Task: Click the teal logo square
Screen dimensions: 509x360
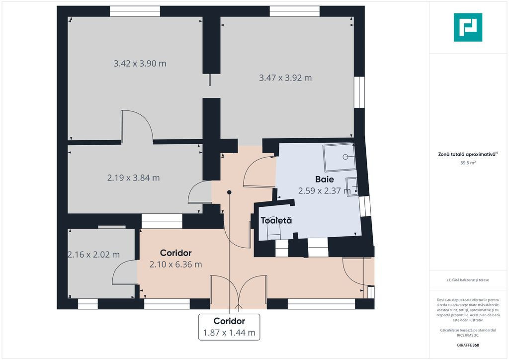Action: coord(468,27)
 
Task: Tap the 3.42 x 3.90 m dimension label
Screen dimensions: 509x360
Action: coord(140,63)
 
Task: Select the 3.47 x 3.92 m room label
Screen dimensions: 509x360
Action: coord(285,78)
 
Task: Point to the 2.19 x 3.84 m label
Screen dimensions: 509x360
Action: coord(133,178)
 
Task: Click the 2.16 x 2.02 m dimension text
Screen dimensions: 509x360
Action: coord(93,255)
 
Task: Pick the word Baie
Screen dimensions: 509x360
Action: coord(325,179)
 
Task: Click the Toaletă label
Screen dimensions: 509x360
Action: coord(276,220)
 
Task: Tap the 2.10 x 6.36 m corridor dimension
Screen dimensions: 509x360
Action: coord(175,265)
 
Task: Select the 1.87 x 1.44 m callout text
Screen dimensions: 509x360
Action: coord(229,333)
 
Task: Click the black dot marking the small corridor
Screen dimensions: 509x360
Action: coord(229,192)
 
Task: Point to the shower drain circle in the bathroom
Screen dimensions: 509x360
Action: coord(345,157)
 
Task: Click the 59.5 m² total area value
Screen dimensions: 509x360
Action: coord(468,163)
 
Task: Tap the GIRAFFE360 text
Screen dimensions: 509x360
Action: coord(468,345)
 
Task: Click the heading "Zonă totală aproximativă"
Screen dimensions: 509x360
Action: coord(467,155)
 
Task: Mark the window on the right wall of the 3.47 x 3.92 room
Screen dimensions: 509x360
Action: coord(359,92)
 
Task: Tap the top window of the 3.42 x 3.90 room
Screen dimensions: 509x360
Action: coord(135,11)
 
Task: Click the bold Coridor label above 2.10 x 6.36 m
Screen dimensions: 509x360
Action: coord(175,253)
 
